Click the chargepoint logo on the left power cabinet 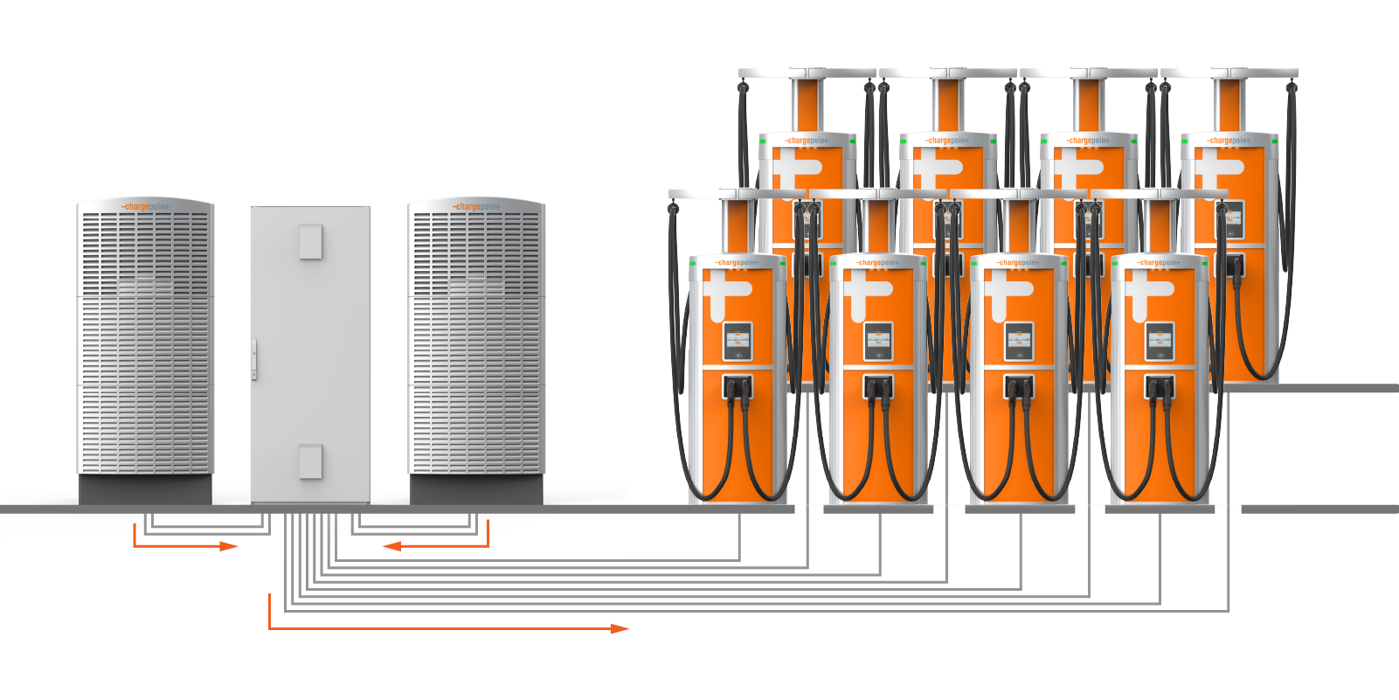tap(146, 207)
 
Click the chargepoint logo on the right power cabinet tap(476, 207)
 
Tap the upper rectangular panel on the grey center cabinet tap(310, 241)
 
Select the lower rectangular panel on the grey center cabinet tap(310, 461)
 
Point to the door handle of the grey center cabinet tap(254, 358)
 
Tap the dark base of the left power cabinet tap(145, 489)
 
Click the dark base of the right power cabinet tap(476, 489)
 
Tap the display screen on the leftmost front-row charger tap(738, 341)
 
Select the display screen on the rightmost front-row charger tap(1160, 341)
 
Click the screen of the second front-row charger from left tap(878, 341)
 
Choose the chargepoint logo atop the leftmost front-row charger tap(738, 262)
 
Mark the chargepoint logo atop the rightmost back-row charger tap(1229, 140)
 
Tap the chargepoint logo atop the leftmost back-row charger tap(807, 140)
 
